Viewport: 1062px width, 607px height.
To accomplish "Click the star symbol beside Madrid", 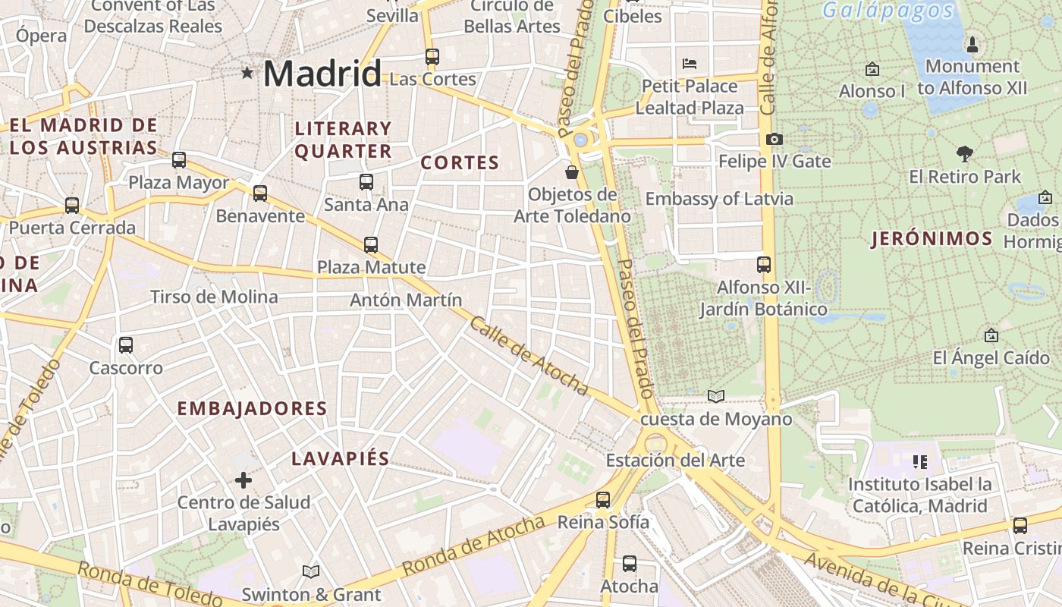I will [247, 73].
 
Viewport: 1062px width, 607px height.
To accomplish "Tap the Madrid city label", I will [322, 74].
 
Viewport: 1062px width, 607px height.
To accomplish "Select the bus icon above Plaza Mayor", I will [179, 159].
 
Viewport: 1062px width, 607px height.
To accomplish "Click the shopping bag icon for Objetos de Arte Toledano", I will [572, 172].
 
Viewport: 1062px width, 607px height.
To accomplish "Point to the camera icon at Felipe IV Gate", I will [774, 139].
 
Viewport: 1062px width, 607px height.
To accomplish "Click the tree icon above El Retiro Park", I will [965, 154].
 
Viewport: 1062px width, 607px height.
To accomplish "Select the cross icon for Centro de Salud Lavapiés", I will [244, 480].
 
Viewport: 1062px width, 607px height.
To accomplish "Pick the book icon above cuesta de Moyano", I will [715, 396].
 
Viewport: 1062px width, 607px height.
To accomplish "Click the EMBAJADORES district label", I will [252, 408].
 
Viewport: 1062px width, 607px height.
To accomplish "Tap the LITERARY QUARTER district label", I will [343, 140].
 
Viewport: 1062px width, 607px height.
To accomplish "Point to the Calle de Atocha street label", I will [529, 355].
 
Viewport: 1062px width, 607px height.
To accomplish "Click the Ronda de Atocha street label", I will [473, 546].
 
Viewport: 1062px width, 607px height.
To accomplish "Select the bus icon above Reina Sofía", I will [603, 499].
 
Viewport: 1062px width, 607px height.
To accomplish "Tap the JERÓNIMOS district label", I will [932, 239].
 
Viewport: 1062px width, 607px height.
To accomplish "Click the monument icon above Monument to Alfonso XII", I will [972, 45].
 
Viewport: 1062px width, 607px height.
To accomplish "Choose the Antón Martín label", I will [406, 300].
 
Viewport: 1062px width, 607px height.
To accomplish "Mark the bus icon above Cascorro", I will [126, 345].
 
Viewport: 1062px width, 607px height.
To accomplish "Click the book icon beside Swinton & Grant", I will [311, 571].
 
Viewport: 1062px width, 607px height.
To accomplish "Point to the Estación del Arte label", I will [675, 460].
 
